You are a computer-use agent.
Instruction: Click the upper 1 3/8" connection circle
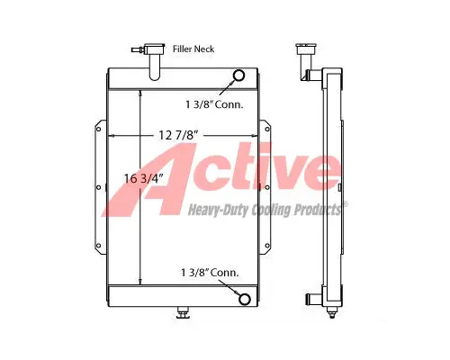(240, 76)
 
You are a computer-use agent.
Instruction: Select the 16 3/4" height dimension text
(143, 179)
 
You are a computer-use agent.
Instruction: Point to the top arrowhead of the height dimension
(139, 93)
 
